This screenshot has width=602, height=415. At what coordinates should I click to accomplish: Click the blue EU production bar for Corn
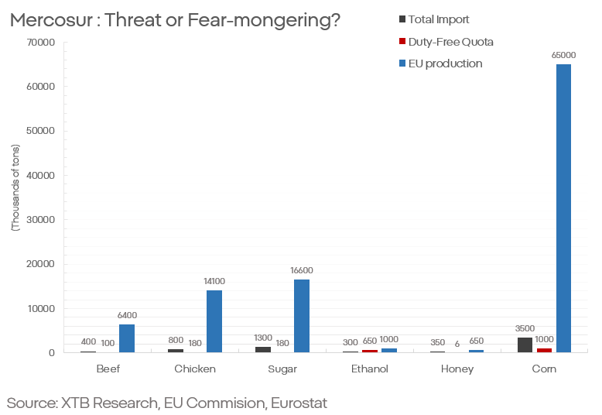point(564,208)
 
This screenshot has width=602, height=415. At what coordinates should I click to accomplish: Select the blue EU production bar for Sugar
point(302,316)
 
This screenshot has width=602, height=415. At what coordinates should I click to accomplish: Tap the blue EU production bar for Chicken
point(214,321)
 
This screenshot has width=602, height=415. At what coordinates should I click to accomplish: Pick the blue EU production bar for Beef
point(127,338)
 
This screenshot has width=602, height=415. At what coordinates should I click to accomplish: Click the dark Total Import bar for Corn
point(525,345)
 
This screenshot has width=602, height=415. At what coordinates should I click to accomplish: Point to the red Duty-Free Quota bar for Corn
point(545,350)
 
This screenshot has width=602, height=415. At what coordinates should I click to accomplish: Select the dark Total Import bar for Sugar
point(263,350)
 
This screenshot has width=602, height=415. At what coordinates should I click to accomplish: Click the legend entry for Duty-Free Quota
point(450,42)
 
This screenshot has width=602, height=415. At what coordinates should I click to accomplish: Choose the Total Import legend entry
point(438,20)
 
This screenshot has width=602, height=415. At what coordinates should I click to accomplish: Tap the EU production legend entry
point(445,63)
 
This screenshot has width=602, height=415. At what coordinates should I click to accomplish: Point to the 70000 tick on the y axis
point(41,42)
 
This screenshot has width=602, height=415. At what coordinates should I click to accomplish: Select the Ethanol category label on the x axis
point(370,369)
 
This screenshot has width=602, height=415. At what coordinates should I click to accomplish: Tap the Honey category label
point(457,369)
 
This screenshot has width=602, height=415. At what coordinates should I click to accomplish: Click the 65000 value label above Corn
point(564,55)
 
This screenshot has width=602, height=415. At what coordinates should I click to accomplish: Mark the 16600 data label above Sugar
point(302,270)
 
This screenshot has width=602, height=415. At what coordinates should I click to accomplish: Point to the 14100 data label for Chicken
point(214,281)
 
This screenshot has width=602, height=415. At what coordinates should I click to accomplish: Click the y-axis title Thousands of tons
point(15,187)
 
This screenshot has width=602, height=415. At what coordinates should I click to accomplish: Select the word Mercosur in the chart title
point(46,21)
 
